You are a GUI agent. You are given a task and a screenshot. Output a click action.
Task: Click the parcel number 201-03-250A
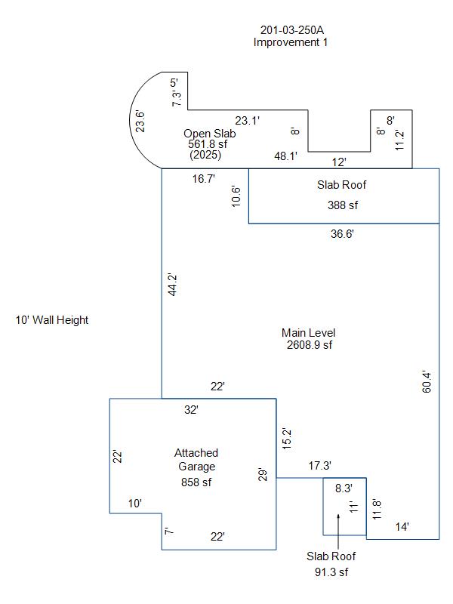click(292, 30)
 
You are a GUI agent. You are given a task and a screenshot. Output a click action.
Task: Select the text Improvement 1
click(291, 42)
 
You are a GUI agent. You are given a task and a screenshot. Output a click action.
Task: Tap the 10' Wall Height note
click(52, 320)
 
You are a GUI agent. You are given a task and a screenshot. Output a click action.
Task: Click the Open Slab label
click(210, 134)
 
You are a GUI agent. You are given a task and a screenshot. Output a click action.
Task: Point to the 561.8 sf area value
click(208, 144)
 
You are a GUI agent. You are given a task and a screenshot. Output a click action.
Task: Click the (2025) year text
click(205, 155)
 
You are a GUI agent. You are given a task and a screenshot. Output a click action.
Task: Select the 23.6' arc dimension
click(140, 122)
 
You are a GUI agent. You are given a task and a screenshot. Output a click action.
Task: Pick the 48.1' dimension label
click(286, 156)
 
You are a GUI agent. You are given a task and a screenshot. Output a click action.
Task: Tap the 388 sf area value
click(343, 205)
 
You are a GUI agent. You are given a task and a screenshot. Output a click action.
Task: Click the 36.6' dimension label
click(342, 234)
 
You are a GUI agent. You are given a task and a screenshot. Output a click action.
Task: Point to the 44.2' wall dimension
click(172, 285)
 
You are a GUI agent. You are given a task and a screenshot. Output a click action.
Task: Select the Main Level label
click(309, 333)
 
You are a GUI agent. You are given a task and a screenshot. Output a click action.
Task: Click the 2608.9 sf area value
click(310, 345)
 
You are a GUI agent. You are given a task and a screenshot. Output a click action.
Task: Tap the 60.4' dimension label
click(427, 382)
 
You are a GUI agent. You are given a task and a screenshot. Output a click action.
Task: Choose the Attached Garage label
click(196, 460)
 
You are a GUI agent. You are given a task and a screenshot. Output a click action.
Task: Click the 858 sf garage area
click(196, 482)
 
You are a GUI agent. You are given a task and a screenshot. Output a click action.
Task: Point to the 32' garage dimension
click(191, 409)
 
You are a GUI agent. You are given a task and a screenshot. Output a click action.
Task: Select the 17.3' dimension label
click(319, 466)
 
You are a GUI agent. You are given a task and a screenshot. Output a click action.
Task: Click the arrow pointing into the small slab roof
click(338, 532)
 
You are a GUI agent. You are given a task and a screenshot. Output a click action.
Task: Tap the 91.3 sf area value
click(331, 572)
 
